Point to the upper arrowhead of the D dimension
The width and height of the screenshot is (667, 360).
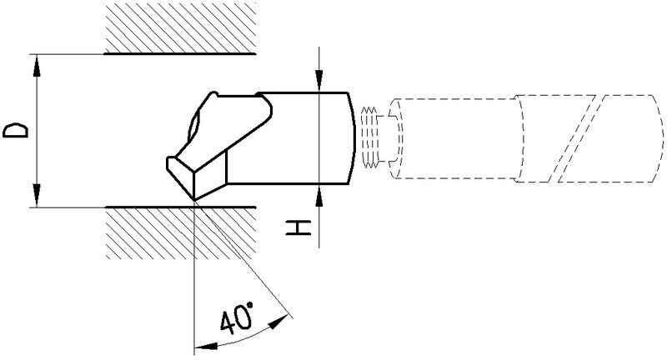click(36, 62)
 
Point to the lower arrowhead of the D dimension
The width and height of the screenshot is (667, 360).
click(36, 198)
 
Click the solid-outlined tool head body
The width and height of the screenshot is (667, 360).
click(292, 137)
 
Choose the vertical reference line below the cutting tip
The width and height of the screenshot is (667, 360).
click(193, 275)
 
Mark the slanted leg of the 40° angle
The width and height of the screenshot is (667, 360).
click(242, 258)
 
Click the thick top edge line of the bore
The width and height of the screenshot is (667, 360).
click(179, 54)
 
